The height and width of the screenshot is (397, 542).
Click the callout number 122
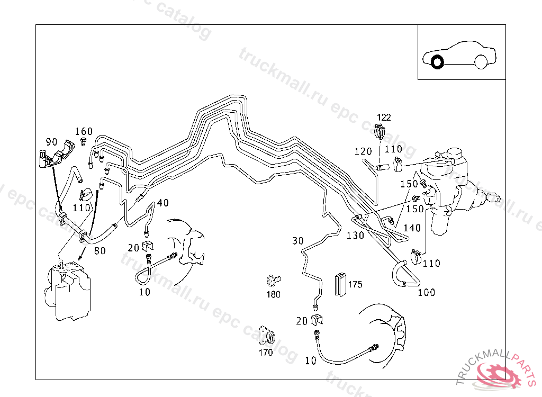point(384,117)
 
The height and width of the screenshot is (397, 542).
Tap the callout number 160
point(84,131)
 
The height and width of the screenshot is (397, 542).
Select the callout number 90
point(51,141)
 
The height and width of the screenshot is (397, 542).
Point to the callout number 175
point(355,284)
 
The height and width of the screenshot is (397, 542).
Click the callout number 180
point(273,294)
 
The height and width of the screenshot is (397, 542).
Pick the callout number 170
point(266,352)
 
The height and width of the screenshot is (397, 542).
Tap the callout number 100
point(427,292)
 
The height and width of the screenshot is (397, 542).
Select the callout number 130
point(356,235)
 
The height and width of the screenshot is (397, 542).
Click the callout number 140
point(412,228)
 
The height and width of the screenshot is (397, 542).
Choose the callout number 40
point(163,203)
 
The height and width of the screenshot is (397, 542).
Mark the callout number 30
point(298,241)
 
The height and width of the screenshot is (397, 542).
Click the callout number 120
point(363,152)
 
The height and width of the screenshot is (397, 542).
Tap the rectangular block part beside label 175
point(340,284)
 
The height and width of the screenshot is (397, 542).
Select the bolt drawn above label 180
point(274,279)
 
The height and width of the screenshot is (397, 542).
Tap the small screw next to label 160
point(84,141)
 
